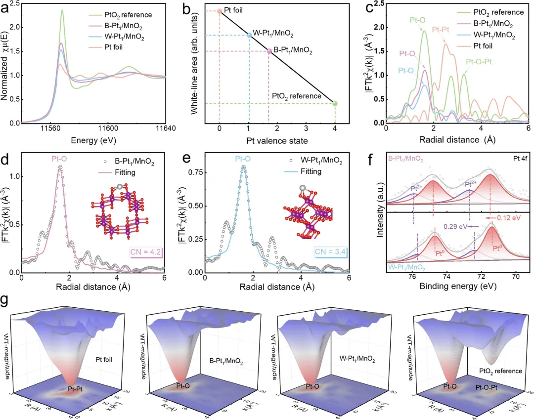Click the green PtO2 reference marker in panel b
click(x=335, y=103)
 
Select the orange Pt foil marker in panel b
click(x=220, y=11)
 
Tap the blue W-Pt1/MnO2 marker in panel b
click(x=249, y=35)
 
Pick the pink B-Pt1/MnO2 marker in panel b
click(x=269, y=51)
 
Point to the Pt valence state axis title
click(x=277, y=140)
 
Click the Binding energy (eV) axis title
click(x=458, y=287)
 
